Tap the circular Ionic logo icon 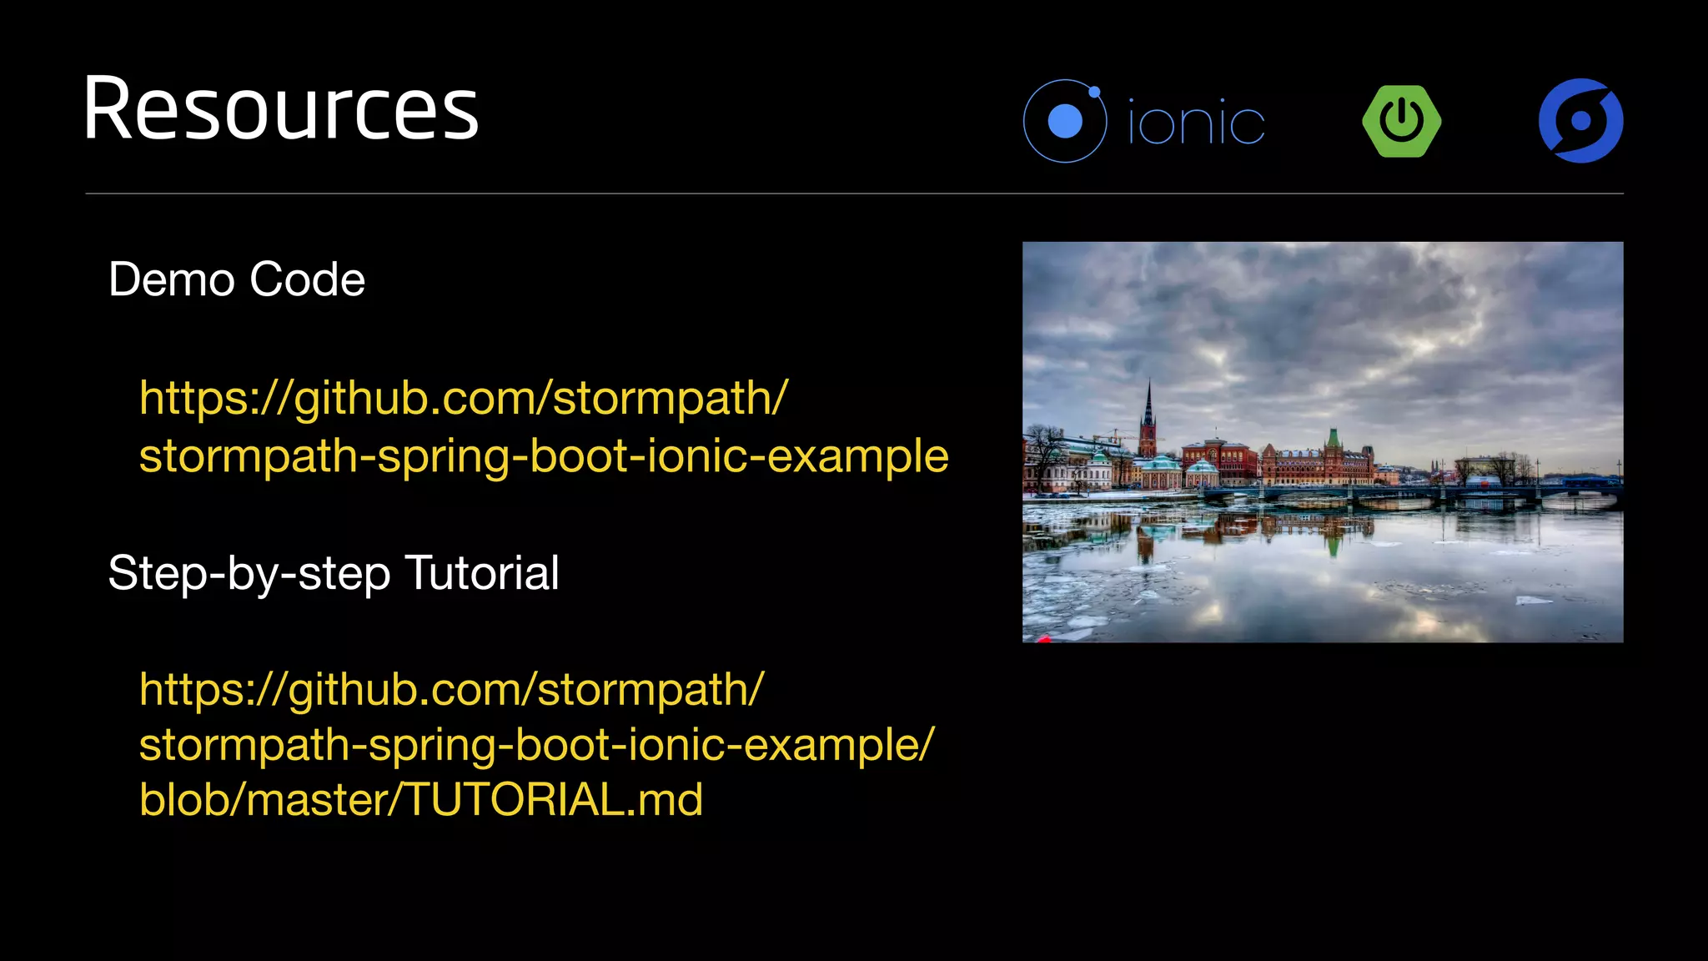pos(1065,122)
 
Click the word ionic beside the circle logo pos(1196,123)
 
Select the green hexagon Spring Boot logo pos(1402,121)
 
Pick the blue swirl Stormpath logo pos(1580,121)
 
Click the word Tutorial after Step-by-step pos(482,573)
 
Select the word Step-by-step pos(249,575)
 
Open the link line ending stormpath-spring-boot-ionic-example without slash pos(544,456)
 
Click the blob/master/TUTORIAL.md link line pos(421,799)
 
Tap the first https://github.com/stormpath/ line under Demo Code pos(463,398)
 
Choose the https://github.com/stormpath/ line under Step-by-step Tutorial pos(451,690)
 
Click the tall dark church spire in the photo pos(1148,413)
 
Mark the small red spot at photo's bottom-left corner pos(1044,638)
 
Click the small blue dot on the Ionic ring pos(1095,92)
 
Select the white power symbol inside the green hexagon pos(1402,119)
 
